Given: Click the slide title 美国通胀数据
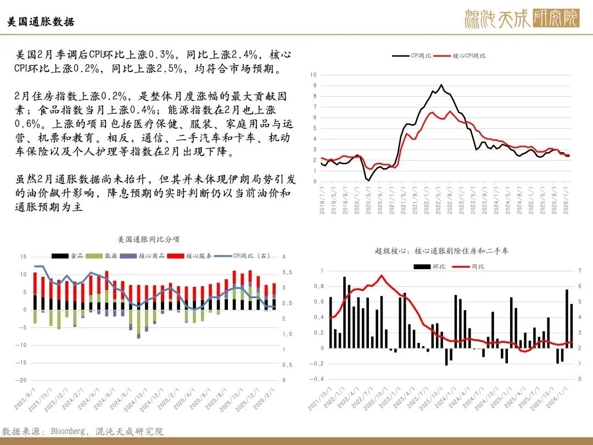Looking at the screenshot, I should (x=41, y=22).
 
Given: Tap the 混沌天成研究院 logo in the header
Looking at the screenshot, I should (x=521, y=19).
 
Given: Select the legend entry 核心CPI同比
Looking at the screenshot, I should (x=469, y=56).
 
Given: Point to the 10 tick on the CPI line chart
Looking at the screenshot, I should (x=314, y=74).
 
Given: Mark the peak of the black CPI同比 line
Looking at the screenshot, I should (x=441, y=85).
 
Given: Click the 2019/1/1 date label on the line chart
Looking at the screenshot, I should (x=322, y=201).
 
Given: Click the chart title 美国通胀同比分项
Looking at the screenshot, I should (x=149, y=240).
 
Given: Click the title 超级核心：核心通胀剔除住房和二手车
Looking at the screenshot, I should (x=441, y=251).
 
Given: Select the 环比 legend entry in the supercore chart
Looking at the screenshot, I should (x=430, y=266).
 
